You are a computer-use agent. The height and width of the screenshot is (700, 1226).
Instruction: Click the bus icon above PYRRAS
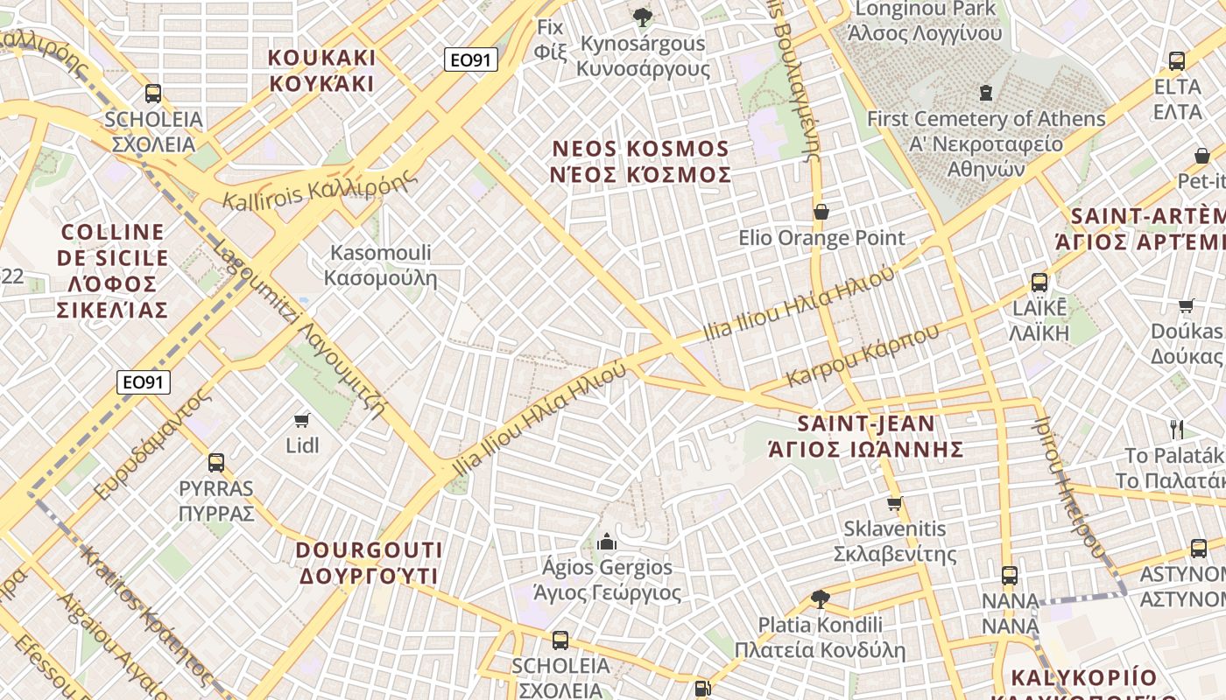pos(215,463)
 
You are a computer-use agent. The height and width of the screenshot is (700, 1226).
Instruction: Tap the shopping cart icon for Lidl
pos(303,420)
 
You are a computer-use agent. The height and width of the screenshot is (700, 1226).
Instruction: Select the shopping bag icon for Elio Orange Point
pos(821,212)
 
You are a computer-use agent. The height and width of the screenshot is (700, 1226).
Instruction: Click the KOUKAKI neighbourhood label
pos(321,71)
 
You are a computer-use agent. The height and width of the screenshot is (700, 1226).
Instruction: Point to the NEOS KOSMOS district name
pos(640,162)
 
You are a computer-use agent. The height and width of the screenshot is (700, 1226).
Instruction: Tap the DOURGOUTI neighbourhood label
pos(369,563)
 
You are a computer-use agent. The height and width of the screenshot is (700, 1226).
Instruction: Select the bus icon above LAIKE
pos(1039,283)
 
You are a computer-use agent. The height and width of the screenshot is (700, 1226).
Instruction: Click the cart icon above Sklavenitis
pos(894,503)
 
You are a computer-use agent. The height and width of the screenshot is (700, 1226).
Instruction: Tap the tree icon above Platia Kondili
pos(820,599)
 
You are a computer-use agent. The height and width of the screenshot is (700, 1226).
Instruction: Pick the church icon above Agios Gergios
pos(606,542)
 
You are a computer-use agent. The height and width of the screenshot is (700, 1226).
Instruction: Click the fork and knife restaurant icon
pos(1177,429)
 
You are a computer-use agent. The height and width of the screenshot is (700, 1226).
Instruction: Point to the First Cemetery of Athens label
pos(986,130)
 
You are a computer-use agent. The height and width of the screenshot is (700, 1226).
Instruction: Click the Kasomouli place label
pos(380,266)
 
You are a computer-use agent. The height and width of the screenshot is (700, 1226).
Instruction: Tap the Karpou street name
pos(863,355)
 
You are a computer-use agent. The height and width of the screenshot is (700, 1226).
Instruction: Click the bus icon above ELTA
pos(1177,61)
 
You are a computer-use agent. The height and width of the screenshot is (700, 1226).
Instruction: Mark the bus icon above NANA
pos(1010,575)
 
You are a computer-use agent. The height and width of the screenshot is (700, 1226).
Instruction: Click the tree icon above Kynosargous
pos(643,17)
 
